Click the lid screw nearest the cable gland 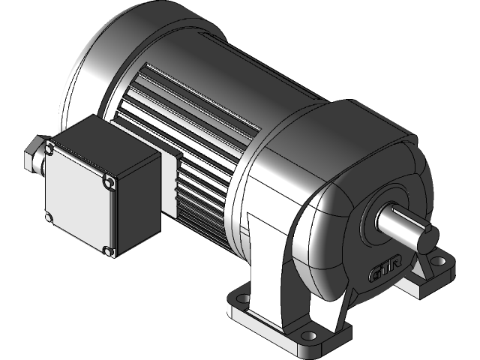click(49, 149)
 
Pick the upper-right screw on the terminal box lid click(110, 181)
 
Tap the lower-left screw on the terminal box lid click(49, 217)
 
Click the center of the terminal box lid click(79, 199)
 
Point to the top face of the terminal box click(105, 142)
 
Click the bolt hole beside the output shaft click(440, 262)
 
